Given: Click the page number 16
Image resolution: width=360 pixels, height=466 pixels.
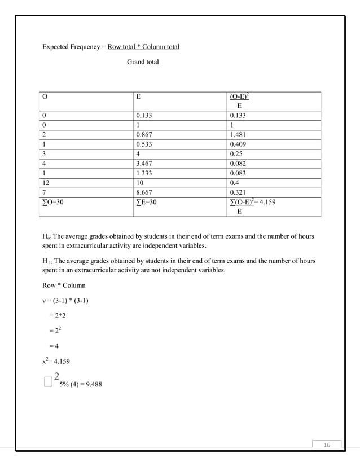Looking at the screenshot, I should [x=327, y=445].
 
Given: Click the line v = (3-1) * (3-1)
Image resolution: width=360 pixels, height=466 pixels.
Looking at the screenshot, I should [x=65, y=300].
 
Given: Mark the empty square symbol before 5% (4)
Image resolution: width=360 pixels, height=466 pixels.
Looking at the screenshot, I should [x=47, y=384].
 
